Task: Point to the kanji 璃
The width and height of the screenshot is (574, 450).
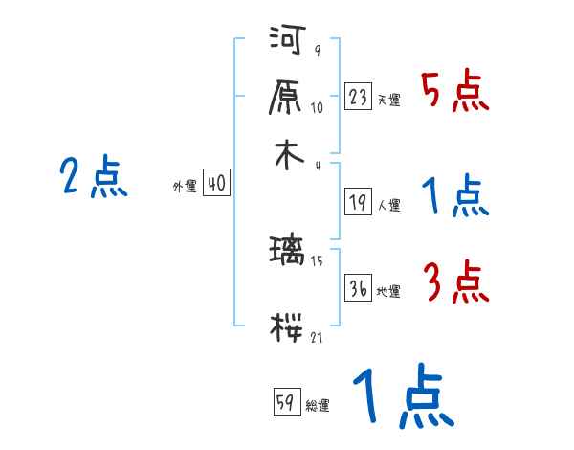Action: point(288,256)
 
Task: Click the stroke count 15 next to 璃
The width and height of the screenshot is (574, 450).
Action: point(318,260)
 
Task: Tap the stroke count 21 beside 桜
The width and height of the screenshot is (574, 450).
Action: point(318,338)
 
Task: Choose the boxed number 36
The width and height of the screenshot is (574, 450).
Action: point(359,287)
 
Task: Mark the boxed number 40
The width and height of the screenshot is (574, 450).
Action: point(216,183)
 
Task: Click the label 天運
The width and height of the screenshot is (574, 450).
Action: point(388,100)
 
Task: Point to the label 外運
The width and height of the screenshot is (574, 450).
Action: point(184,188)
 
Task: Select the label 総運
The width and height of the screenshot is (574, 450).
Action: point(318,405)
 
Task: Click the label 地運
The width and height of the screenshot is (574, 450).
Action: point(388,292)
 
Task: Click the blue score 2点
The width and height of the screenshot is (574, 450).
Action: point(94,178)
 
